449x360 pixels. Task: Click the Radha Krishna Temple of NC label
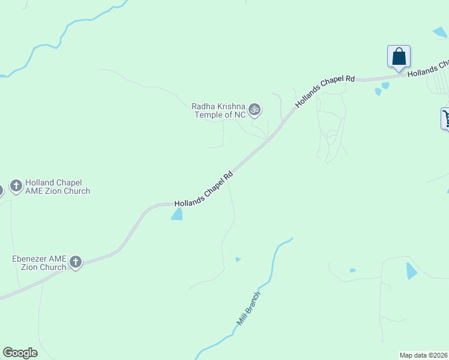218,110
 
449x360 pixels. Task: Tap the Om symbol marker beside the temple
255,109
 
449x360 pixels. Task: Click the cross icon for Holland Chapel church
16,185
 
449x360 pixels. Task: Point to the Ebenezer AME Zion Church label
38,263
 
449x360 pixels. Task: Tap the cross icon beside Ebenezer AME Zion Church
75,262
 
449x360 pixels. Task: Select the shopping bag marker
399,56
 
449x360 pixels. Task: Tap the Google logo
20,353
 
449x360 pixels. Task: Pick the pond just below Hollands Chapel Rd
177,214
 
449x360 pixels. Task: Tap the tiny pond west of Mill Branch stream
238,259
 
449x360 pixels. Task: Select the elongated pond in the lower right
411,271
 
